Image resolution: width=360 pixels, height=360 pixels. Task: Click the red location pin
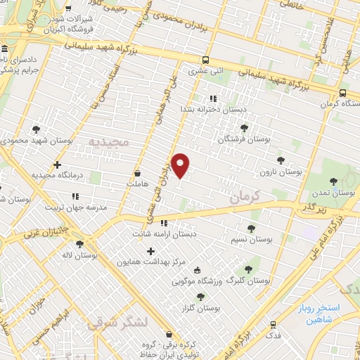[x=181, y=165]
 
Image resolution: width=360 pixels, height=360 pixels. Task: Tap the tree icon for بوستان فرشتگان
[x=244, y=129]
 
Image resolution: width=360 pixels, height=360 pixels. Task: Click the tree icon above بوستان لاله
[x=79, y=244]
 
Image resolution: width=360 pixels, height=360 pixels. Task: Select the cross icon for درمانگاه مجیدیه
[x=58, y=165]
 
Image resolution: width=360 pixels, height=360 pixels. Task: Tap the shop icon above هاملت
[x=137, y=172]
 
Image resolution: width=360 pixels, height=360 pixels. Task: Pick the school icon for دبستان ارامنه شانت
[x=164, y=224]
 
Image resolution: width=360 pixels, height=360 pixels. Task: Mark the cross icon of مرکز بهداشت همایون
[x=150, y=251]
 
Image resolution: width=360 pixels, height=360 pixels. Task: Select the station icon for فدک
[x=273, y=325]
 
